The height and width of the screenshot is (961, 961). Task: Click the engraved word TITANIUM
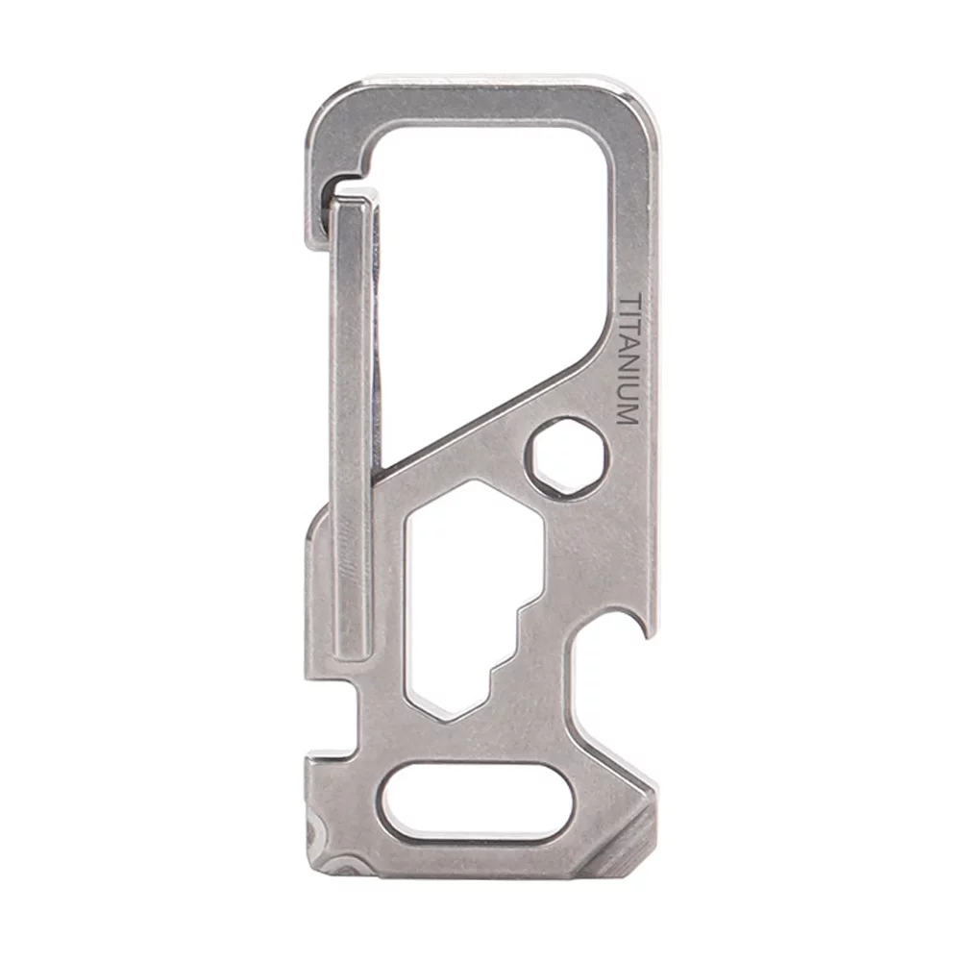click(626, 359)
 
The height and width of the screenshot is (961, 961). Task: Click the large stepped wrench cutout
click(461, 596)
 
